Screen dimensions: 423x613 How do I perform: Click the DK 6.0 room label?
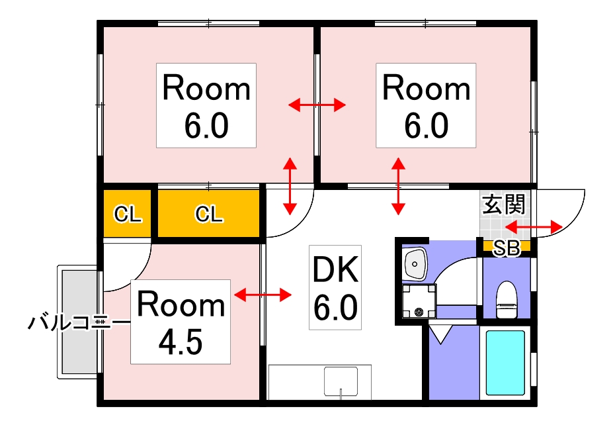click(335, 287)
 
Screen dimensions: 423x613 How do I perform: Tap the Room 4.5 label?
click(181, 322)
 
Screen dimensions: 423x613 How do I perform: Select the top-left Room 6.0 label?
click(206, 105)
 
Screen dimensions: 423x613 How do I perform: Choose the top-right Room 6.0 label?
click(426, 105)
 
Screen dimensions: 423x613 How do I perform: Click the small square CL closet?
click(128, 214)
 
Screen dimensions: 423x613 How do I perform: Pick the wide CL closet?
click(208, 214)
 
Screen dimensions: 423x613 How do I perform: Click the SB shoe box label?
click(507, 248)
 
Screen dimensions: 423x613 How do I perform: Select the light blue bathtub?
click(505, 363)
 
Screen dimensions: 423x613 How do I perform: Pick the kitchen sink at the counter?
click(341, 382)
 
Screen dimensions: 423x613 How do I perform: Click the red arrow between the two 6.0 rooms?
click(317, 105)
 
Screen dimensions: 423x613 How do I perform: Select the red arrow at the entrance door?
click(533, 227)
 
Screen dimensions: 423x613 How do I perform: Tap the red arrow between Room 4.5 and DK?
click(263, 294)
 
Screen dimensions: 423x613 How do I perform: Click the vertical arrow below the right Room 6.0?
click(398, 186)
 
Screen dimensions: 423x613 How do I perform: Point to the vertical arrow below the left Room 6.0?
click(290, 186)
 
